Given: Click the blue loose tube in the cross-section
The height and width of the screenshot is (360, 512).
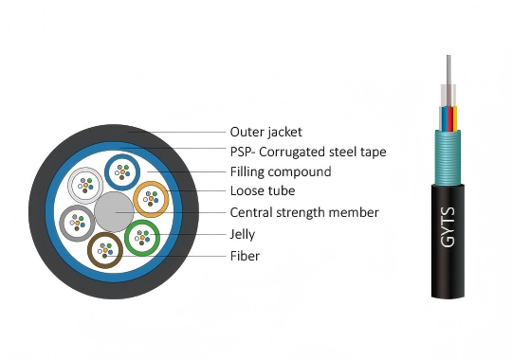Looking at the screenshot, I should click(x=121, y=171).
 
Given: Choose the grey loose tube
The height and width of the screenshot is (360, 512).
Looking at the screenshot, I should click(x=76, y=223).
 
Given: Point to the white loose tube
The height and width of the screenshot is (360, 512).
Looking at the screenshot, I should click(x=85, y=184).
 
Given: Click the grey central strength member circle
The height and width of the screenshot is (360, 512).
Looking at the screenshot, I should click(x=113, y=211).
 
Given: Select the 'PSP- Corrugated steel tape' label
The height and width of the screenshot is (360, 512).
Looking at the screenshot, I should click(x=307, y=152).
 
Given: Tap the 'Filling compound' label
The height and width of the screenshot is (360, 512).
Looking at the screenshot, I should click(x=280, y=171).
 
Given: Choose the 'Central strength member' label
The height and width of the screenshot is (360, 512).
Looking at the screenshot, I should click(x=303, y=212).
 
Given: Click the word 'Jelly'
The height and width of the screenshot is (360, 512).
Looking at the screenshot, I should click(x=243, y=233).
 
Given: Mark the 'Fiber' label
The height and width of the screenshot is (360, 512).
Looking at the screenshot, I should click(x=244, y=255).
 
